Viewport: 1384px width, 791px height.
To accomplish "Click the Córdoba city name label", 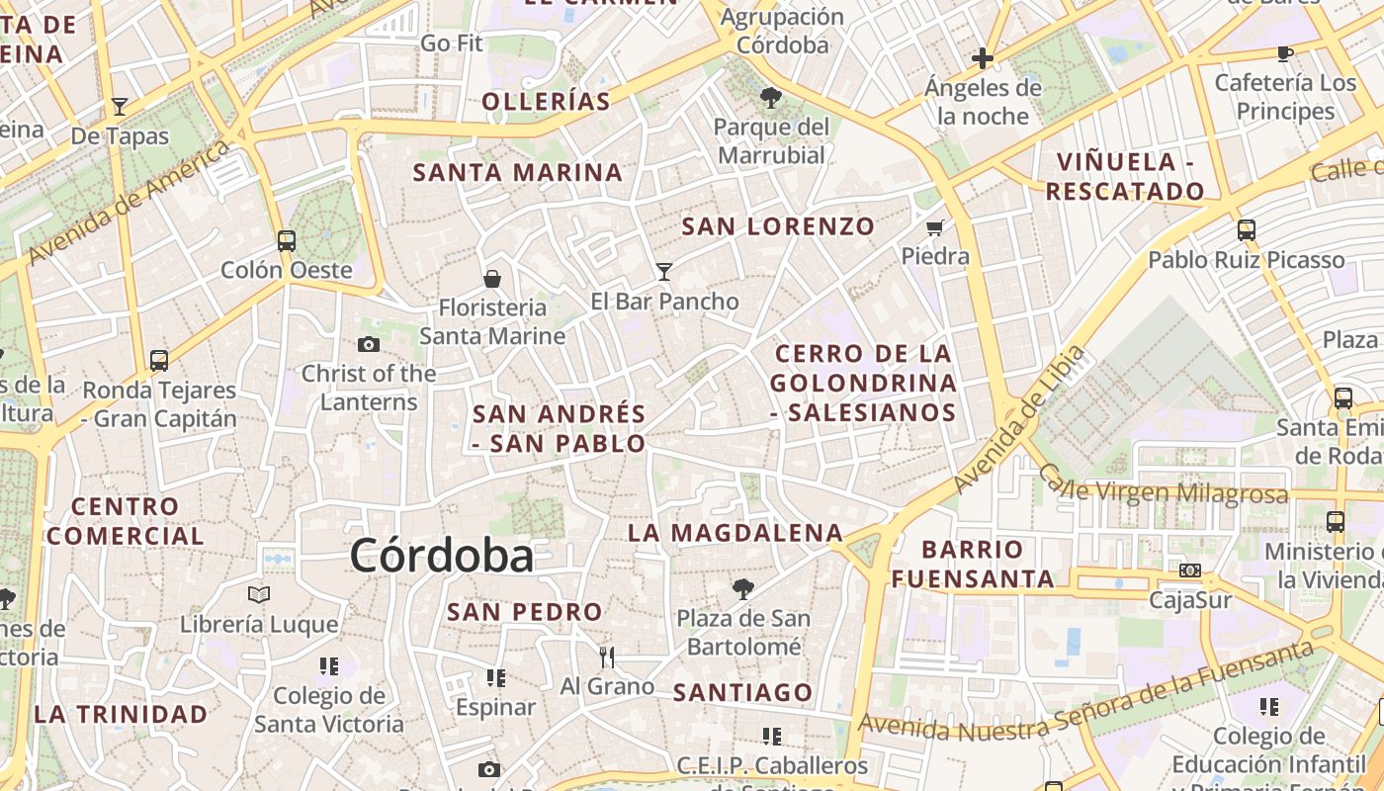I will [x=442, y=556].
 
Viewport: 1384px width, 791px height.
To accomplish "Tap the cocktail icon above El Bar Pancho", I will [x=664, y=271].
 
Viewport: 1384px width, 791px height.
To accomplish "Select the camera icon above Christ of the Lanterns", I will [x=368, y=344].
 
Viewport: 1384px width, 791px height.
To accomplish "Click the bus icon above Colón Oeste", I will [x=287, y=240].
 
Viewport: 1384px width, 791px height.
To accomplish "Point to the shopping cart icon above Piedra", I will [x=935, y=227].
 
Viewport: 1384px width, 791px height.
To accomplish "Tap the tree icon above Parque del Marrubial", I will [x=771, y=97].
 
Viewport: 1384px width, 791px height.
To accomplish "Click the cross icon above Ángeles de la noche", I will [x=983, y=58].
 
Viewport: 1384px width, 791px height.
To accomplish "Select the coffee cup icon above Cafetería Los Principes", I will [x=1285, y=53].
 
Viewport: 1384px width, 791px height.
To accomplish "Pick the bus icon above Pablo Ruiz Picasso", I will [x=1247, y=230].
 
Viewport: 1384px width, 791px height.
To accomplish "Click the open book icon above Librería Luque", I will [x=259, y=594].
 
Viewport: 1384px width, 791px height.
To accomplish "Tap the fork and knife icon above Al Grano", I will [x=607, y=657].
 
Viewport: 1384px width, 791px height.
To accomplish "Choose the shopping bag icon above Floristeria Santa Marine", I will [x=492, y=279].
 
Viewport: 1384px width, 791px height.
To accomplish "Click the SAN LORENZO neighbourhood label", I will [x=778, y=226].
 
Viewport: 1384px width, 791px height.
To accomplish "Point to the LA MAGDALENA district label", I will [x=735, y=533].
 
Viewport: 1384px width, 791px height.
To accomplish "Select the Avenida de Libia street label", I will [x=1019, y=419].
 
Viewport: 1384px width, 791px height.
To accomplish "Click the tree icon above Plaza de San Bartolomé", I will [x=742, y=589].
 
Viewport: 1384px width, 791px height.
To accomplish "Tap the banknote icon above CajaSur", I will [x=1190, y=571].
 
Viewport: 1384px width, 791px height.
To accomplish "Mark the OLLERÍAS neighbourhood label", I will [x=546, y=102].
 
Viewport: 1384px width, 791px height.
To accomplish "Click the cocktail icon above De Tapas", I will [x=120, y=106].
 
